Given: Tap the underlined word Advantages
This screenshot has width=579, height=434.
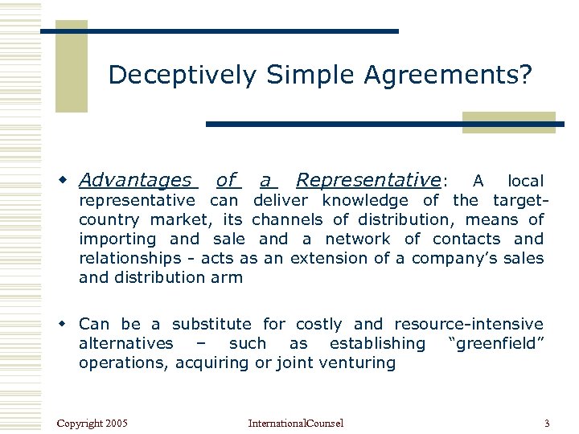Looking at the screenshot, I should pyautogui.click(x=136, y=181).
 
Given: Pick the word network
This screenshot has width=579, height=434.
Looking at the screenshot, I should pyautogui.click(x=357, y=239).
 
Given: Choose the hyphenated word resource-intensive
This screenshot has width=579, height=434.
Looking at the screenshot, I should pyautogui.click(x=469, y=324).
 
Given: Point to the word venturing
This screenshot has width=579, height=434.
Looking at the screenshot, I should pyautogui.click(x=360, y=362).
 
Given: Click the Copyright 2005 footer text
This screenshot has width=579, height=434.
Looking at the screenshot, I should pyautogui.click(x=92, y=423).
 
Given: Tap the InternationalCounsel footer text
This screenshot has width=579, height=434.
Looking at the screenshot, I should pyautogui.click(x=295, y=423).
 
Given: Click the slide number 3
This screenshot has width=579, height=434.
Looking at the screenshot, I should pyautogui.click(x=547, y=423).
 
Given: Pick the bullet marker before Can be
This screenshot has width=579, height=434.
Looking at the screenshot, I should pyautogui.click(x=68, y=324).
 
